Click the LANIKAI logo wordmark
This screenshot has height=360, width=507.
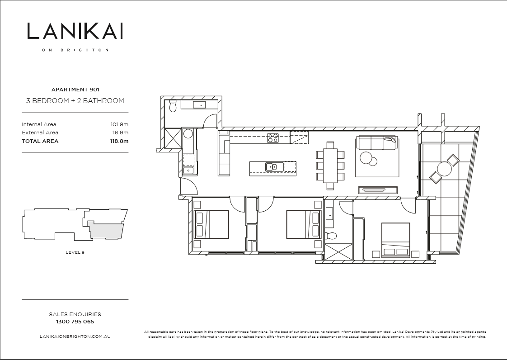[75, 31]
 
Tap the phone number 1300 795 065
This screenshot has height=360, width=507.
[75, 322]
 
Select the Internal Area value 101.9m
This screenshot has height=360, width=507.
[119, 124]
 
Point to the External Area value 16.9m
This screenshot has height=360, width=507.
[121, 133]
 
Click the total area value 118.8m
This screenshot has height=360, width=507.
[119, 141]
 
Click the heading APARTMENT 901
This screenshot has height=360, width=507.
[75, 90]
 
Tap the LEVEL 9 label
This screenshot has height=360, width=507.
[75, 252]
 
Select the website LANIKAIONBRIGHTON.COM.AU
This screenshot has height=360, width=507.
[75, 336]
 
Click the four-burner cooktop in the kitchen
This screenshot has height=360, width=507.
[272, 138]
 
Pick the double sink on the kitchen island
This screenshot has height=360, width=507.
[274, 167]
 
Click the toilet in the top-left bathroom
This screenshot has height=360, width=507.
[172, 107]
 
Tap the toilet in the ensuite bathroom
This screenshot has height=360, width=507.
[331, 236]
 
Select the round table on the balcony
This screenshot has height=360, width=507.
[444, 170]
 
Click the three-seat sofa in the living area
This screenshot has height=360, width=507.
[377, 143]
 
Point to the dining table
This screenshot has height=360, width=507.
[330, 166]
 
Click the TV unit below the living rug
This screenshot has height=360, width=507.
[378, 190]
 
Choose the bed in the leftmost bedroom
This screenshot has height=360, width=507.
[211, 224]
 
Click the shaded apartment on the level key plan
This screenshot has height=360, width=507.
[107, 230]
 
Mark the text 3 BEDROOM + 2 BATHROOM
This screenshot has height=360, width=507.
[75, 101]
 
